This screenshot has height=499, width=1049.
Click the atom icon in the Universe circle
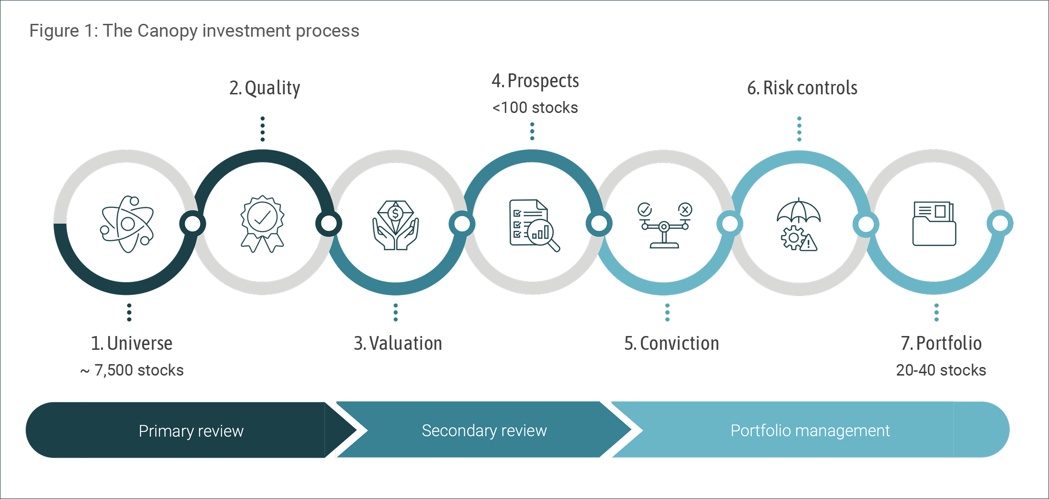(127, 224)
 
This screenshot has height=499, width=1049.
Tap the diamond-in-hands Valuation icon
(395, 225)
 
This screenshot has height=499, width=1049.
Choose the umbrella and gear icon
(799, 224)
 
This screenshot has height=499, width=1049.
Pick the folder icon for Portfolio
(934, 224)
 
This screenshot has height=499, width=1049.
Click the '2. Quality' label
(265, 88)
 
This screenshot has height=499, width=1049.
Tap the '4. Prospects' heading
(535, 81)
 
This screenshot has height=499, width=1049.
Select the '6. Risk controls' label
(802, 88)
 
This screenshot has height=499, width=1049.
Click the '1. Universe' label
(132, 343)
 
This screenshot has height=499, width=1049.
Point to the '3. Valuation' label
(398, 343)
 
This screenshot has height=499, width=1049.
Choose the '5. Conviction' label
(671, 343)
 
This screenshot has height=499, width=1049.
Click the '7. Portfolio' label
(941, 343)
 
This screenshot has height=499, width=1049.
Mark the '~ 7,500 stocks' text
(132, 370)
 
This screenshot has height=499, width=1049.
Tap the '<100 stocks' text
(535, 108)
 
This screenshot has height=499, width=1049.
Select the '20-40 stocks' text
(941, 370)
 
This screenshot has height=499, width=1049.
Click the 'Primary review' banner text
(191, 431)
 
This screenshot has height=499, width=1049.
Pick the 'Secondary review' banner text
(484, 430)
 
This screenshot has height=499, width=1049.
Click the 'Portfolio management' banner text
(810, 430)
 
